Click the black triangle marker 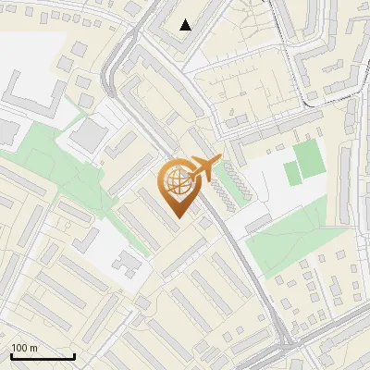click(x=186, y=25)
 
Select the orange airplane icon click(x=203, y=168)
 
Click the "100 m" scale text click(x=24, y=348)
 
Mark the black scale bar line click(x=43, y=356)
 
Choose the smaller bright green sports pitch click(x=292, y=173)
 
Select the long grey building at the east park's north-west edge click(x=258, y=222)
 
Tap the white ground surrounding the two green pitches click(x=268, y=185)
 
